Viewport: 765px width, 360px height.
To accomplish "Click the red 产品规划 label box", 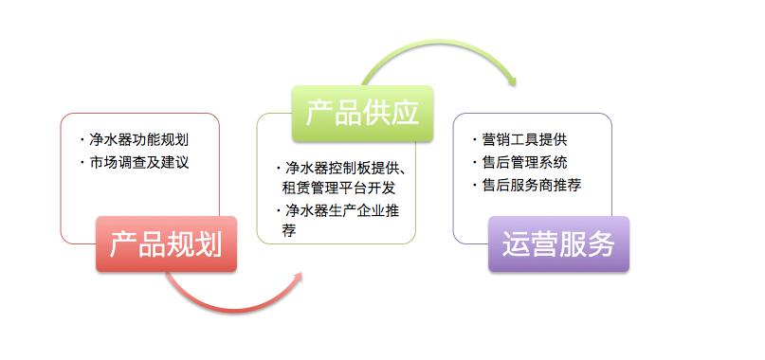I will click(x=166, y=244).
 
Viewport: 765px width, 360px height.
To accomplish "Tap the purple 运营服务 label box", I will click(x=558, y=244).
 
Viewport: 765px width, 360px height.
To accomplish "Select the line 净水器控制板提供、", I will click(x=346, y=169).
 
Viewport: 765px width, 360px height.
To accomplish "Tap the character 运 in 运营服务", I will click(x=517, y=244).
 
